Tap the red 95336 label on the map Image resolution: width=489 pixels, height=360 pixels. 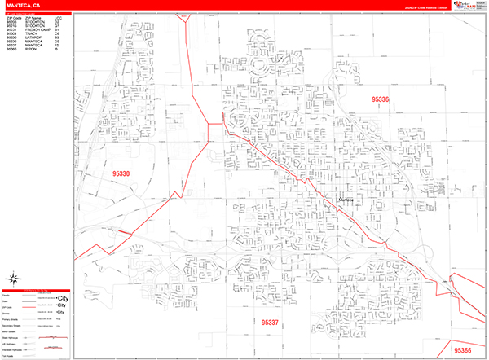381,99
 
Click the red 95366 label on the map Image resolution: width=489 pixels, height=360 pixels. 462,349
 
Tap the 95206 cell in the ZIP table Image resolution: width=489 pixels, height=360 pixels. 11,21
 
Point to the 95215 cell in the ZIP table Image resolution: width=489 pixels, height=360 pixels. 11,25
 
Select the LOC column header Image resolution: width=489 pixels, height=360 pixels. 57,17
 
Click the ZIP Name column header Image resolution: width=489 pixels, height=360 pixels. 33,17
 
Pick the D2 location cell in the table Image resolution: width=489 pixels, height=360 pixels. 57,21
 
